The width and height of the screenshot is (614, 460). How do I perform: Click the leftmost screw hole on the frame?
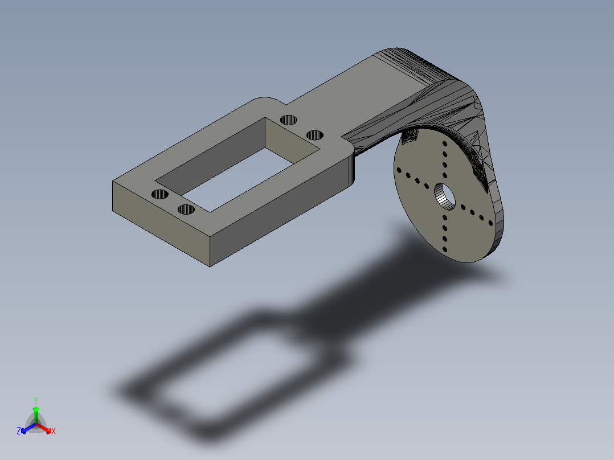click(x=159, y=194)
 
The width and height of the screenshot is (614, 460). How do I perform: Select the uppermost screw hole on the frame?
click(x=289, y=120)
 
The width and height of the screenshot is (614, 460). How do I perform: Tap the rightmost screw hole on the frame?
click(x=315, y=135)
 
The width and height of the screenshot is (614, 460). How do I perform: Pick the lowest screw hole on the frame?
click(x=186, y=210)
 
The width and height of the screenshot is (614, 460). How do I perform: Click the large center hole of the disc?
click(x=445, y=196)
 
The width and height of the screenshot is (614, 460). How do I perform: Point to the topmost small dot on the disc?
click(x=445, y=143)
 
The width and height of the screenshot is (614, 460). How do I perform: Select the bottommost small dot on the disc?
click(x=445, y=249)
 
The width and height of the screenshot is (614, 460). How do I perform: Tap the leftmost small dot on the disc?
click(x=399, y=170)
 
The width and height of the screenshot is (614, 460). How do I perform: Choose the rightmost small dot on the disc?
click(x=490, y=223)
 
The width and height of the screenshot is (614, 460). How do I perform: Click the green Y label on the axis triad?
click(x=36, y=401)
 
